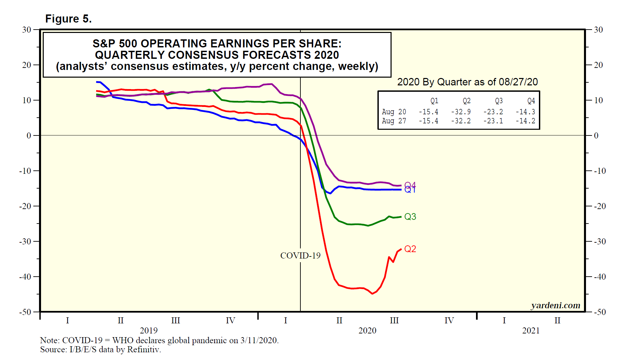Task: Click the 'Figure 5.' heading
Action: point(68,19)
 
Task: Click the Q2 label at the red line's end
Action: point(410,249)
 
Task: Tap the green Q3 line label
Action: point(410,216)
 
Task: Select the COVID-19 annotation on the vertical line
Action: point(300,255)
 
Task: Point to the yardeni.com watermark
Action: point(555,305)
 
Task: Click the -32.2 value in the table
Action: point(461,121)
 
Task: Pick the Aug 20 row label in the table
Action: point(394,112)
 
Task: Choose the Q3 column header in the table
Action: point(499,101)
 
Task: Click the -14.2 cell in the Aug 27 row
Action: point(525,121)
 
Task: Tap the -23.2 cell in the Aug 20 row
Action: point(493,112)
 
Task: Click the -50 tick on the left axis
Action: point(25,312)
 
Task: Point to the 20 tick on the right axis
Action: point(598,65)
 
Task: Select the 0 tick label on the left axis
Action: point(29,135)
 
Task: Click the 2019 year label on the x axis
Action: point(149,330)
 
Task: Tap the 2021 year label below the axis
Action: point(531,330)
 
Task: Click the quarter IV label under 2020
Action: point(449,320)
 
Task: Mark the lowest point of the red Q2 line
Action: point(372,294)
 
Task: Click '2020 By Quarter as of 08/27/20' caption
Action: point(467,82)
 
